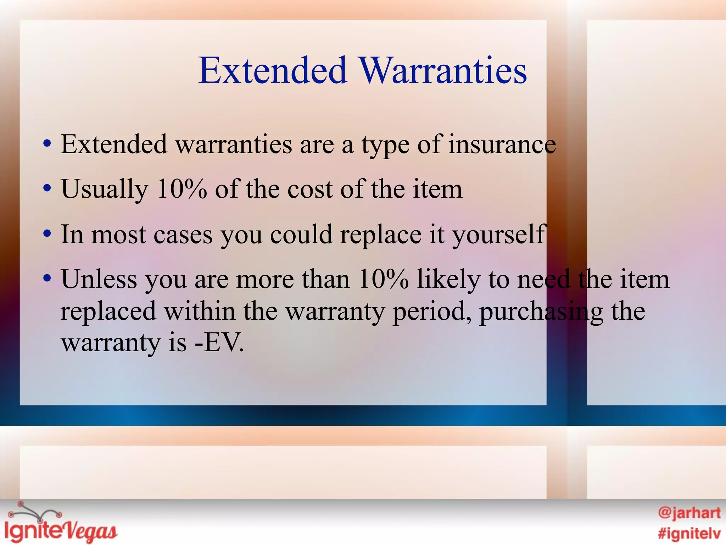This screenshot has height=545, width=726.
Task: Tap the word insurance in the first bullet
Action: pyautogui.click(x=502, y=144)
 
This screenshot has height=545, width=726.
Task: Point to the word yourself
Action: pyautogui.click(x=499, y=235)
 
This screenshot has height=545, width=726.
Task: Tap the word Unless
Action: pyautogui.click(x=99, y=279)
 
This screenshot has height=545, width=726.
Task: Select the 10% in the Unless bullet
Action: pyautogui.click(x=383, y=279)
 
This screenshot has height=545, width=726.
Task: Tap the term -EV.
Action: pyautogui.click(x=219, y=343)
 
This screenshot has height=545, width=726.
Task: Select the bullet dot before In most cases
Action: pyautogui.click(x=47, y=234)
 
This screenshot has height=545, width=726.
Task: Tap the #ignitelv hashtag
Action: pyautogui.click(x=689, y=533)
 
